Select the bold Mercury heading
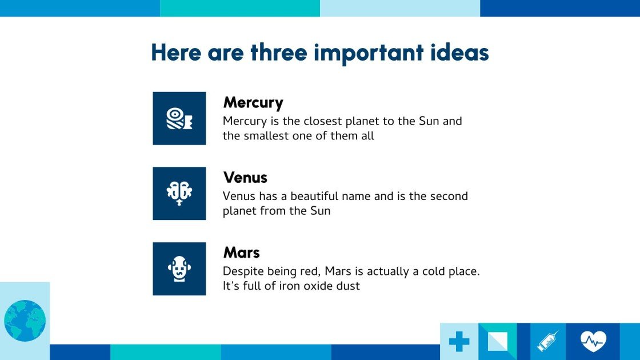click(x=253, y=103)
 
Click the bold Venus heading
click(x=245, y=178)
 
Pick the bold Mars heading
click(x=241, y=253)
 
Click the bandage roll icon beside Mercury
click(x=179, y=118)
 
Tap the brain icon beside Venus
click(x=179, y=193)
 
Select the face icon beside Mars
click(x=179, y=269)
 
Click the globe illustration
click(x=25, y=321)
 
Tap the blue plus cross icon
click(x=459, y=342)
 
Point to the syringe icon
click(x=547, y=342)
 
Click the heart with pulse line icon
click(x=593, y=342)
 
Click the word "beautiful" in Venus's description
click(x=315, y=196)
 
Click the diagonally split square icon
click(x=497, y=342)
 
